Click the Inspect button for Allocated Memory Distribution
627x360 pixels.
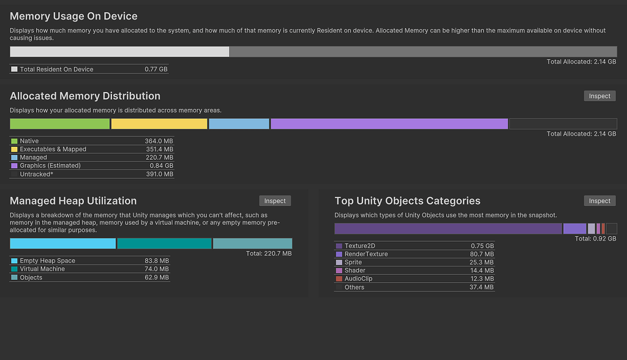coord(599,96)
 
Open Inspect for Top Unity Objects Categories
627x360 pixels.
coord(599,201)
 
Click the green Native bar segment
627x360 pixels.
coord(59,124)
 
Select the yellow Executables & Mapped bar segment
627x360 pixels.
coord(159,124)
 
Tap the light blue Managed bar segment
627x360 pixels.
coord(239,124)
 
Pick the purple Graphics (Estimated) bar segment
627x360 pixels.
coord(389,124)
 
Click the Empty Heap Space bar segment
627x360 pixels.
coord(62,244)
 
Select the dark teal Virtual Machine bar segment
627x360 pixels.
coord(164,244)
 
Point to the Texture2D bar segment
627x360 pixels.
coord(448,229)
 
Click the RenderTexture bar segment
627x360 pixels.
coord(574,229)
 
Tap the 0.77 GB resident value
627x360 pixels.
coord(156,70)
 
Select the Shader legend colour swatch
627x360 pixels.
coord(339,271)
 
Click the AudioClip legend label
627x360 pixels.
coord(358,279)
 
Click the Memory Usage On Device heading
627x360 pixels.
coord(73,17)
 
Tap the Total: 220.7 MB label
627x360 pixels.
coord(268,253)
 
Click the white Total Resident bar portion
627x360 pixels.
coord(119,52)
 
